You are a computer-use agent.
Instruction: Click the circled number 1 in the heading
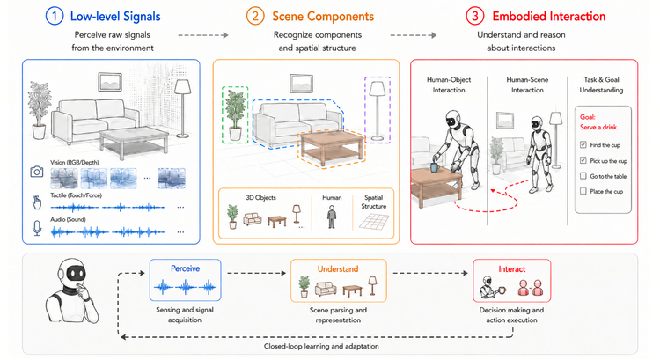pyautogui.click(x=55, y=16)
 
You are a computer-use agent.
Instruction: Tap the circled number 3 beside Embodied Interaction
pyautogui.click(x=475, y=16)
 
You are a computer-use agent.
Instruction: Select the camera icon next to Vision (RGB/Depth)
pyautogui.click(x=37, y=172)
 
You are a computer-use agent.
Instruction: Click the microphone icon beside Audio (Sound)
pyautogui.click(x=37, y=228)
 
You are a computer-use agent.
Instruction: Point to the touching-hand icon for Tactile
pyautogui.click(x=37, y=202)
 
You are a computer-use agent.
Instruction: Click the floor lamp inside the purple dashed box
pyautogui.click(x=378, y=110)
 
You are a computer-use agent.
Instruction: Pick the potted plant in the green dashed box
pyautogui.click(x=235, y=114)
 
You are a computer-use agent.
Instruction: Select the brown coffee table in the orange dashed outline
pyautogui.click(x=331, y=147)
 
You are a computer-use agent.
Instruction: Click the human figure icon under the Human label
pyautogui.click(x=332, y=217)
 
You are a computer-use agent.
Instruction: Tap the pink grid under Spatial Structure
pyautogui.click(x=374, y=222)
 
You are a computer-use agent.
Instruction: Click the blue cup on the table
pyautogui.click(x=435, y=167)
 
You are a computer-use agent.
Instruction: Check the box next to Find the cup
pyautogui.click(x=583, y=145)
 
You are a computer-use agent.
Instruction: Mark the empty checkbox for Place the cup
pyautogui.click(x=583, y=191)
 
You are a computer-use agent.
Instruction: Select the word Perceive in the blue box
pyautogui.click(x=185, y=268)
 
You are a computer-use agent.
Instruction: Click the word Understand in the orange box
pyautogui.click(x=338, y=269)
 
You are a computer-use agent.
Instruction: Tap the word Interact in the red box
pyautogui.click(x=512, y=269)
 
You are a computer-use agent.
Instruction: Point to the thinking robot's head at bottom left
pyautogui.click(x=73, y=274)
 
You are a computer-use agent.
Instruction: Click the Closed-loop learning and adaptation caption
pyautogui.click(x=321, y=346)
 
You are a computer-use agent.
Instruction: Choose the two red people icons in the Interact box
pyautogui.click(x=531, y=288)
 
